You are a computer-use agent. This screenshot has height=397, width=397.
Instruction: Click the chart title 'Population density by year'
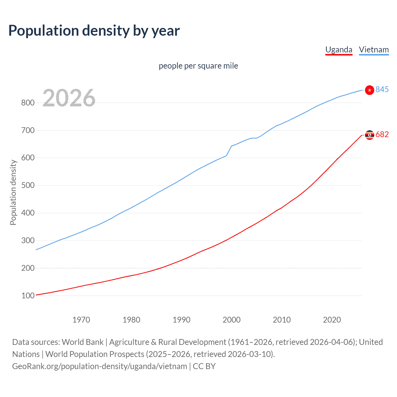(x=94, y=31)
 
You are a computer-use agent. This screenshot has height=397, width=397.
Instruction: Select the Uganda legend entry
(x=339, y=50)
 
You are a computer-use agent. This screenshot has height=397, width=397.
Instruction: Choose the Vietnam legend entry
(x=374, y=50)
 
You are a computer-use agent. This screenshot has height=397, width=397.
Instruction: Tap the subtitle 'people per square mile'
(x=198, y=66)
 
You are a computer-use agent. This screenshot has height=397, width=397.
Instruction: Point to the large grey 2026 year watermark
(x=69, y=98)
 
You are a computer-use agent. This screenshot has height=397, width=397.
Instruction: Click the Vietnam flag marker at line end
(x=369, y=90)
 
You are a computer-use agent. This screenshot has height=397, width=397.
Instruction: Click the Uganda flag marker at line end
(x=369, y=135)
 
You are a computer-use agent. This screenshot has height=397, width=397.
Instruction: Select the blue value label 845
(x=382, y=89)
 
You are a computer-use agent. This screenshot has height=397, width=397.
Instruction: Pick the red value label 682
(x=382, y=134)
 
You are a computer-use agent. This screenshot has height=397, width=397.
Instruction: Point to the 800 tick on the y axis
(x=28, y=103)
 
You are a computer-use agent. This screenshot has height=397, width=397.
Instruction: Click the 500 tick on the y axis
(x=28, y=185)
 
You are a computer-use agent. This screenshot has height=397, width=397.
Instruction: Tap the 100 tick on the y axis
(x=28, y=296)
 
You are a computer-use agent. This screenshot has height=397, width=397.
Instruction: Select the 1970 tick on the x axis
(x=81, y=320)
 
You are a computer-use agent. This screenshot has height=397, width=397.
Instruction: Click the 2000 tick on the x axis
(x=232, y=320)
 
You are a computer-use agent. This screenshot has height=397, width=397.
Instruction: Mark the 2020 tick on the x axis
(x=332, y=320)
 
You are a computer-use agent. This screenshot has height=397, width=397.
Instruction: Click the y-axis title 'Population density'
(x=13, y=192)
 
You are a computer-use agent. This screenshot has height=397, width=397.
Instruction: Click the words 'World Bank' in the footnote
(x=83, y=342)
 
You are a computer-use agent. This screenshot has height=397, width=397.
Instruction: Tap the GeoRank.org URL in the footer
(x=100, y=366)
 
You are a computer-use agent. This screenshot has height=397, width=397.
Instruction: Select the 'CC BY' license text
(x=204, y=366)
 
